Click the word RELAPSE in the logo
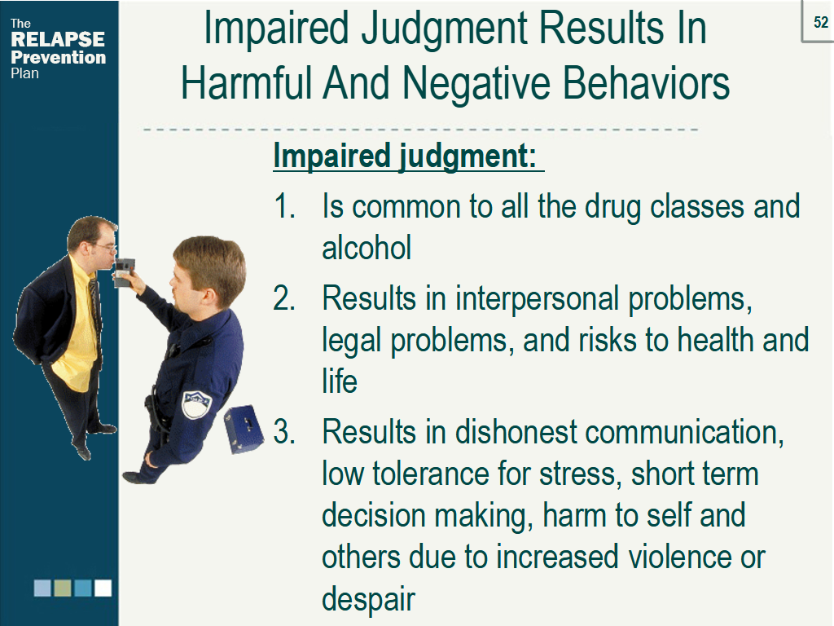tap(58, 39)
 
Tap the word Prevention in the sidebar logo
tap(58, 57)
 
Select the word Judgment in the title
tap(446, 30)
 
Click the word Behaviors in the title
tap(646, 83)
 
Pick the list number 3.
tap(284, 431)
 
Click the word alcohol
tap(367, 248)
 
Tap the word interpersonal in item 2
tap(537, 298)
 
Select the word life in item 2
tap(340, 381)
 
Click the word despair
tap(368, 600)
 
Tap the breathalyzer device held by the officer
tap(124, 272)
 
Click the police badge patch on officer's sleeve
tap(195, 404)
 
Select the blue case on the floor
tap(244, 429)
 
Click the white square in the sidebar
tap(103, 588)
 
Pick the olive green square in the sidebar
tap(63, 588)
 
